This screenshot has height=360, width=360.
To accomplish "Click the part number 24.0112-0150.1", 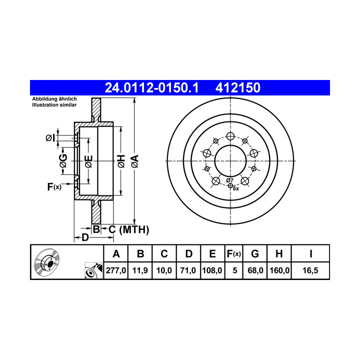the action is tap(151, 87).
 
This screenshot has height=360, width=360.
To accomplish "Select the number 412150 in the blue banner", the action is tap(238, 87).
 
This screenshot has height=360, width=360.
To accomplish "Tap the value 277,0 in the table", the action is tap(116, 270).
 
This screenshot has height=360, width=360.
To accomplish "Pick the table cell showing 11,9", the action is tap(140, 270).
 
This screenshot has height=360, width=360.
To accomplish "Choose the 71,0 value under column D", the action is tap(188, 270).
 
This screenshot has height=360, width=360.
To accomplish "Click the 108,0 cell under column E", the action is tap(212, 270).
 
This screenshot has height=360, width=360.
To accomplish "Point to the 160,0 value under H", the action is tap(279, 270).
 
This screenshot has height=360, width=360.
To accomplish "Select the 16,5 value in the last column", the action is tap(310, 270).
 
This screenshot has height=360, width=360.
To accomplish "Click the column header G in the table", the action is tap(255, 254).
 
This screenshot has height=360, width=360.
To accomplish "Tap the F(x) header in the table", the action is tap(233, 254).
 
